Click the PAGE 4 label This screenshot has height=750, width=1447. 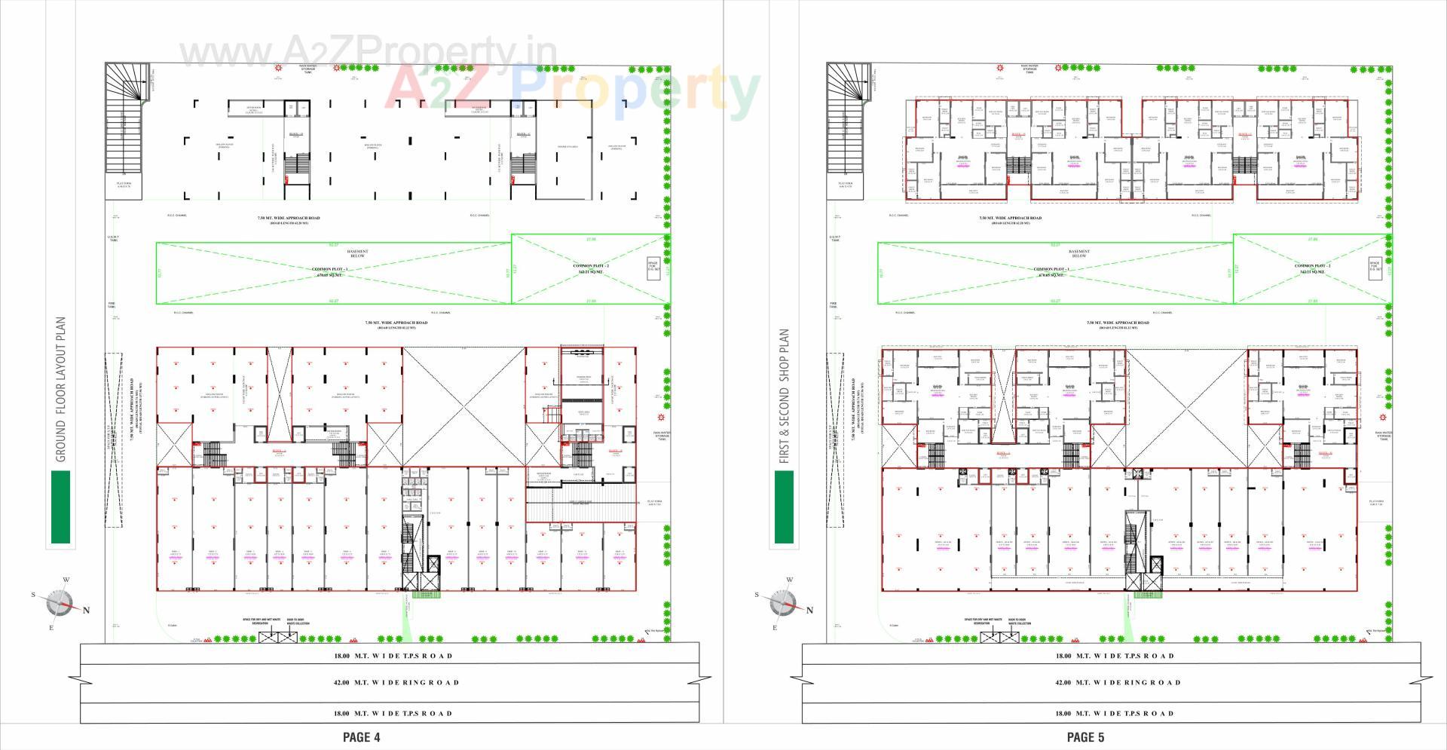pyautogui.click(x=361, y=737)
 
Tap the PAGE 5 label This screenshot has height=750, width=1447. pyautogui.click(x=1085, y=737)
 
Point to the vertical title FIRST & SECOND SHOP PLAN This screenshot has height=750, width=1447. pyautogui.click(x=785, y=396)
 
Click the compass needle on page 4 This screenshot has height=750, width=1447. pyautogui.click(x=60, y=603)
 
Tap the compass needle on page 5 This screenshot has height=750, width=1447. pyautogui.click(x=783, y=603)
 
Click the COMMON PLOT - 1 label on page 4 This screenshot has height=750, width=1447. pyautogui.click(x=330, y=272)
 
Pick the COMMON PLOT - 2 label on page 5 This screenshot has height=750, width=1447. pyautogui.click(x=1312, y=268)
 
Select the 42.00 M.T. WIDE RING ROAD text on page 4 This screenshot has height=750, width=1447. pyautogui.click(x=395, y=683)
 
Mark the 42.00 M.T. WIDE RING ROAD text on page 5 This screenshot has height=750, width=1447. pyautogui.click(x=1117, y=683)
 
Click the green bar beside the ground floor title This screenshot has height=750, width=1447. pyautogui.click(x=60, y=507)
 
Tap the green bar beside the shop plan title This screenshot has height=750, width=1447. pyautogui.click(x=784, y=507)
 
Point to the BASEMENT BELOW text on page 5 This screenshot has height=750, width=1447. pyautogui.click(x=1079, y=254)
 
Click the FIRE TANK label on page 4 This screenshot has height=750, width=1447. pyautogui.click(x=112, y=305)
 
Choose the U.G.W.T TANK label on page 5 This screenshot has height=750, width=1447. pyautogui.click(x=835, y=238)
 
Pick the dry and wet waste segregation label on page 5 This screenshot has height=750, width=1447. pyautogui.click(x=982, y=622)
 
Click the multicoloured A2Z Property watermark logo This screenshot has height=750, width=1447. pyautogui.click(x=573, y=90)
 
